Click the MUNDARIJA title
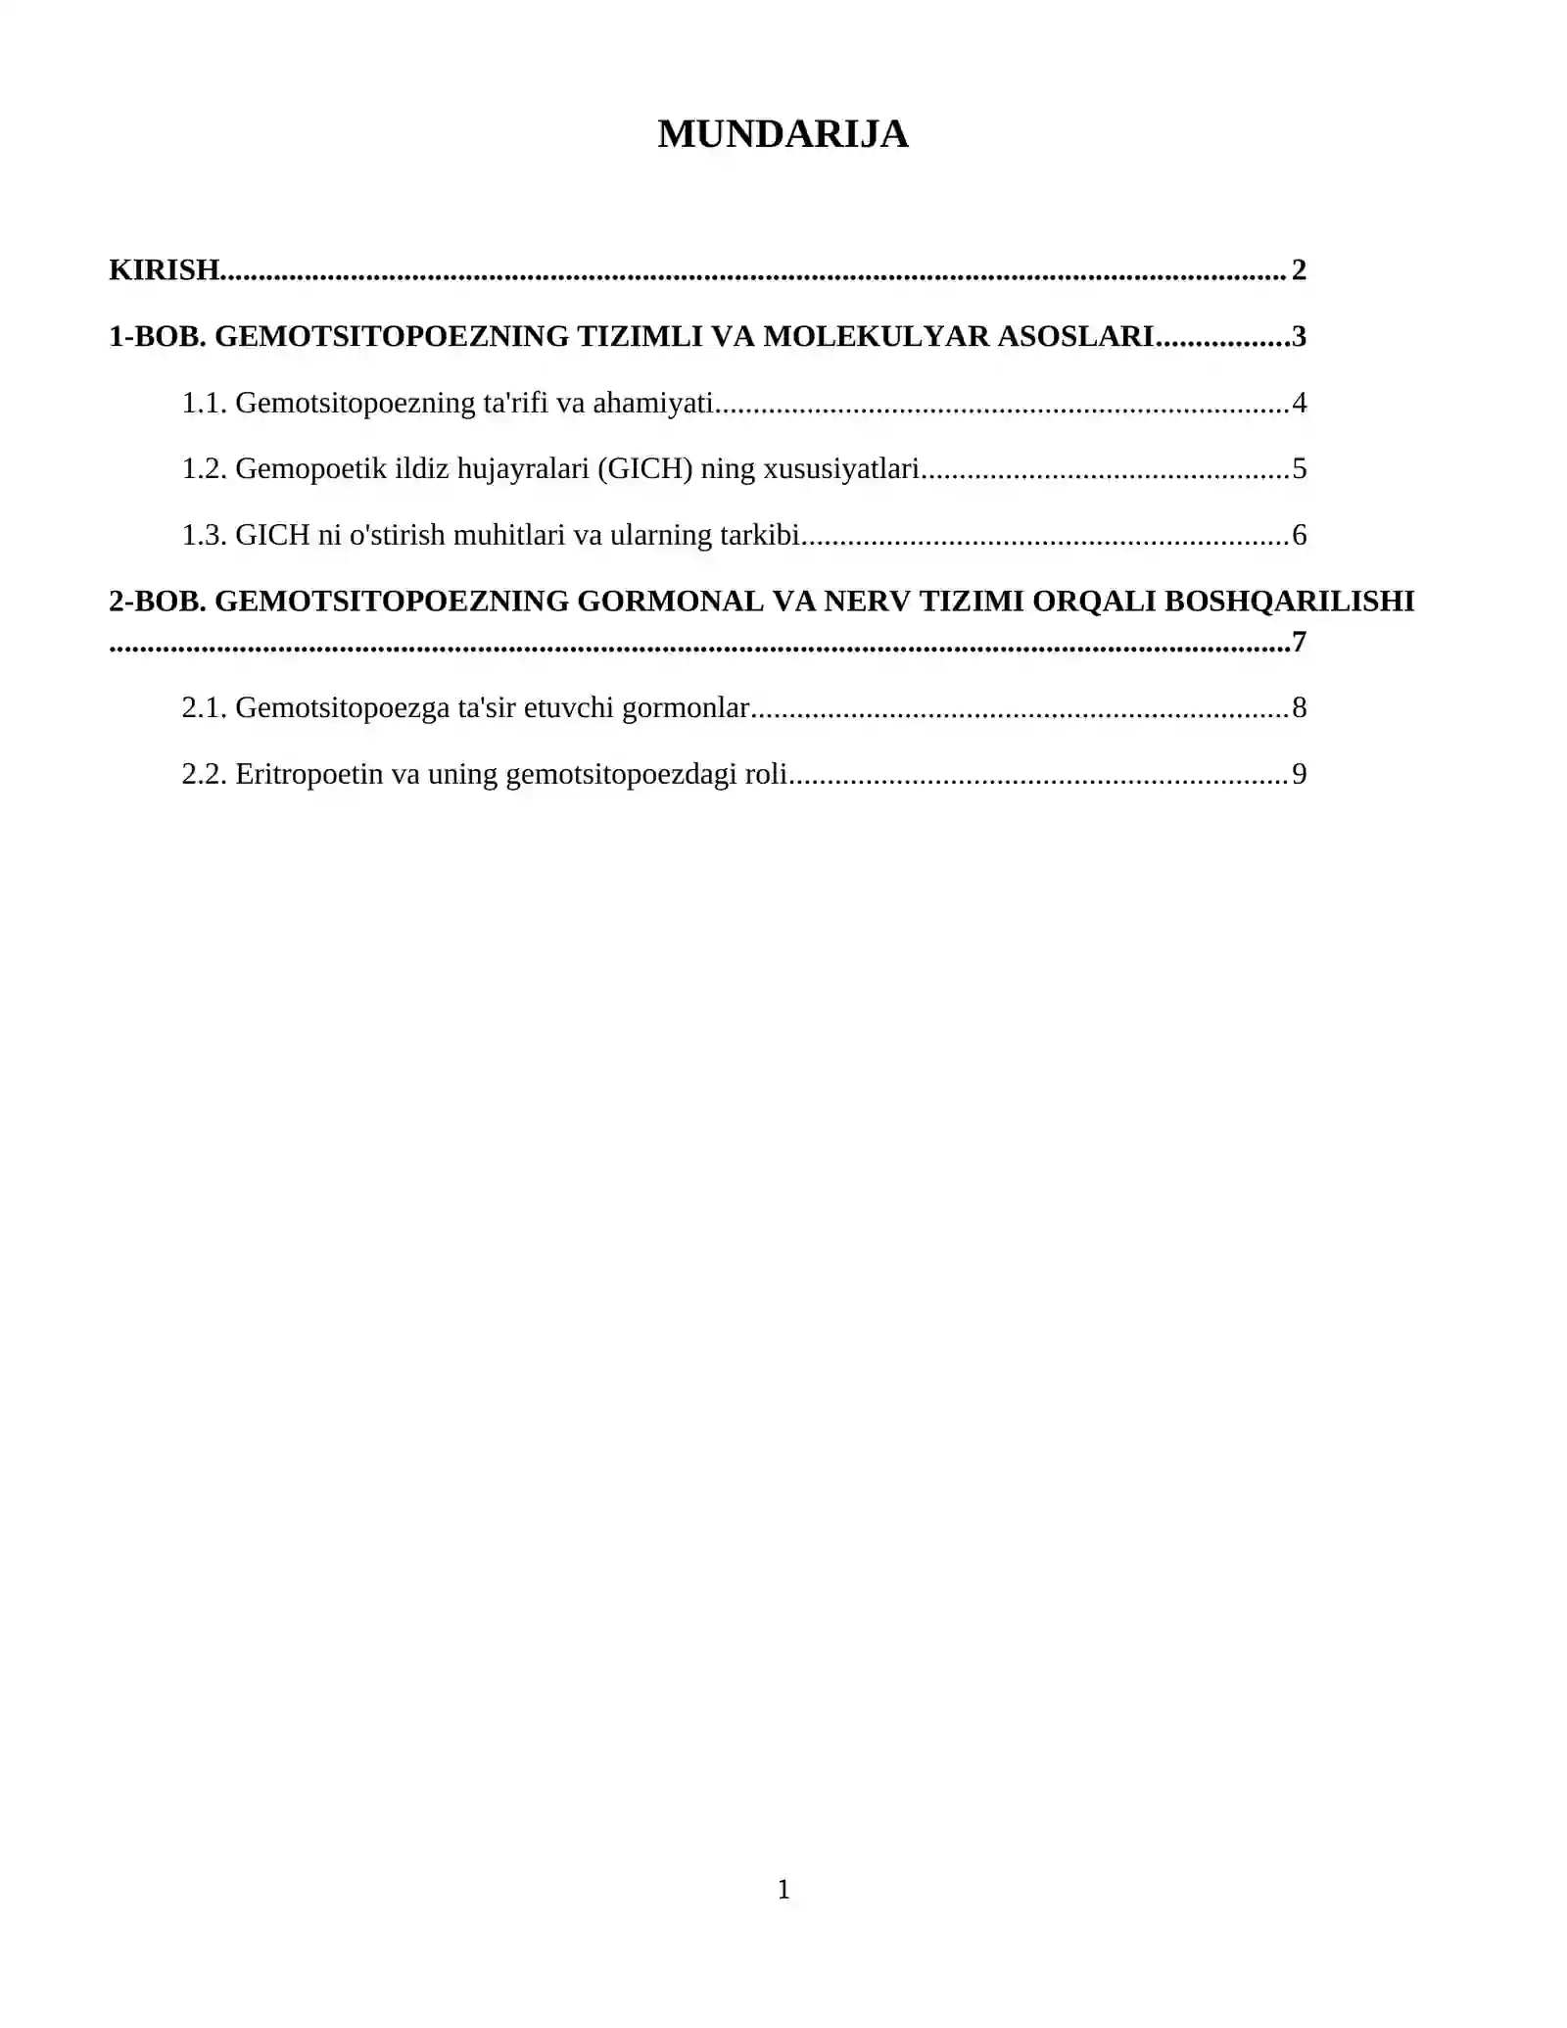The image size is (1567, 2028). (783, 134)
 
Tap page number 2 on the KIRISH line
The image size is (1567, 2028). (1299, 269)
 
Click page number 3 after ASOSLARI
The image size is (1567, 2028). (1299, 336)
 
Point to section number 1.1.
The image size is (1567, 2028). (204, 403)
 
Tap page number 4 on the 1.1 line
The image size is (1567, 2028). (1299, 403)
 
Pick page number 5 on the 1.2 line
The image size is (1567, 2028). (1299, 468)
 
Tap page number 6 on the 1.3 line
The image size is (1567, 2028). (1299, 535)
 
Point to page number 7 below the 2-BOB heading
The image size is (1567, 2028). (1299, 642)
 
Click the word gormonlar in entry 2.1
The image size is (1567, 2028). (686, 707)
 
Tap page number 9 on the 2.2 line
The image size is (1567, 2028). (1299, 774)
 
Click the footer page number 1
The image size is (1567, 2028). (783, 1889)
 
